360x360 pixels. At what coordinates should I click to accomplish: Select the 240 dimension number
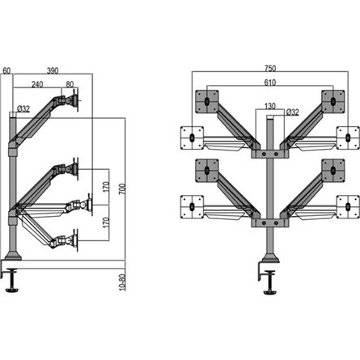38,83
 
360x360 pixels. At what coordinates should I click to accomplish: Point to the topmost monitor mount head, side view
74,102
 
